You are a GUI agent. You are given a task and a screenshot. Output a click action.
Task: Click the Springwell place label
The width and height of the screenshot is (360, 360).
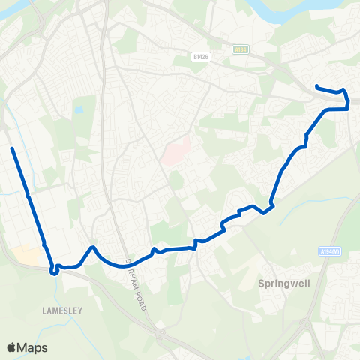coord(280,284)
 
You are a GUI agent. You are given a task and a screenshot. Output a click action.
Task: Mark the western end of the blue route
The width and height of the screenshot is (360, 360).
coord(12,149)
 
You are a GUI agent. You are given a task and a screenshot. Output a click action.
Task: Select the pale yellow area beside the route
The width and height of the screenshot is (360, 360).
coord(28,254)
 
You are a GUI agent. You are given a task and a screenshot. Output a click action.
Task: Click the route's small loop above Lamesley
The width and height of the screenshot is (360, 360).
coord(54,271)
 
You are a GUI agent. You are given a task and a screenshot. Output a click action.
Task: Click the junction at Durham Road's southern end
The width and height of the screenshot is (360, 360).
coord(160,331)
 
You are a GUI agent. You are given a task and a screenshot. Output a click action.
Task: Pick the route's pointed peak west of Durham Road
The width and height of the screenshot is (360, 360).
coord(91,247)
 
